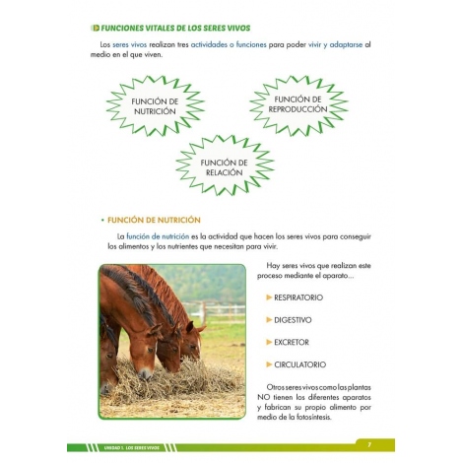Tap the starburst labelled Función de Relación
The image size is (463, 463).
pos(226,166)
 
